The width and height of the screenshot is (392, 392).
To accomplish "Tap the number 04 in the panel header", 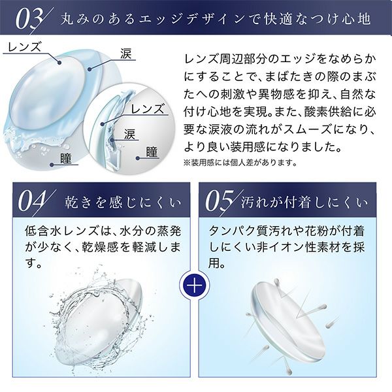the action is (32, 201).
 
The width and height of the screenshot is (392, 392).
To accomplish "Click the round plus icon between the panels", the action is (195, 286).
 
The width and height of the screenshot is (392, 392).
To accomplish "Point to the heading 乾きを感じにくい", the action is (123, 203).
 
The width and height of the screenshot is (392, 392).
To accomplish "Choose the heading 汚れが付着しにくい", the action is (304, 203).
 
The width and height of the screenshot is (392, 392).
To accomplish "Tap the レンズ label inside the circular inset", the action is (148, 109).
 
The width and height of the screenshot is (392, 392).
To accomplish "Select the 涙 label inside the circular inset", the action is (130, 135).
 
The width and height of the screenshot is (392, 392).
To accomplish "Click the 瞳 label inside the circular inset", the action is (152, 152).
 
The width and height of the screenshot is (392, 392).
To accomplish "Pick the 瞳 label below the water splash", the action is (66, 158).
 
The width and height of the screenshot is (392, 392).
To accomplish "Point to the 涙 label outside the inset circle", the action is (125, 54).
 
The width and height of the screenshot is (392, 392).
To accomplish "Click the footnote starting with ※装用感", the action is (240, 163).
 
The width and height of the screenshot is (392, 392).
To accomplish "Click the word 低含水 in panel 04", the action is (43, 231).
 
